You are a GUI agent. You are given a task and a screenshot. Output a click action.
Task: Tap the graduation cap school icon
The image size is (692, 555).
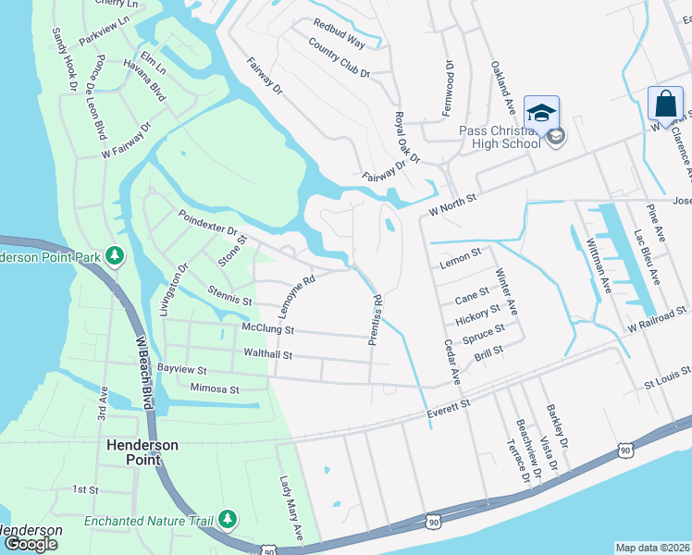click(541, 112)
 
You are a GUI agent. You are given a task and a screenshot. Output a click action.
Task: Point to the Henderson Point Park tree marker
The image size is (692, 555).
click(114, 254)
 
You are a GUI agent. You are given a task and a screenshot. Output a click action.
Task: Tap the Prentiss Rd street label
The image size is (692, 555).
click(376, 320)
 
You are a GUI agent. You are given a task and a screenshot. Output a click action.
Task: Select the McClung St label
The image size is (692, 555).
click(267, 329)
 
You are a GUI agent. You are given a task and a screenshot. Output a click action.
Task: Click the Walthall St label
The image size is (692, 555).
click(266, 354)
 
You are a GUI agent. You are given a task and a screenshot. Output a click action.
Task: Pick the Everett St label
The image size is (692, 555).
click(449, 404)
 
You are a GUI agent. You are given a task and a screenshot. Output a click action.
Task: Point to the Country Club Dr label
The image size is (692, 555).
click(340, 59)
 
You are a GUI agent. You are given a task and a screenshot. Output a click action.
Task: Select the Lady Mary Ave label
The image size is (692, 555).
click(291, 509)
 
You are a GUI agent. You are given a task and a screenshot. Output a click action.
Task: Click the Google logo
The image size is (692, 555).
click(31, 543)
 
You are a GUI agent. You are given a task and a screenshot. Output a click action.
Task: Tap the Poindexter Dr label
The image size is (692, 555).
click(208, 221)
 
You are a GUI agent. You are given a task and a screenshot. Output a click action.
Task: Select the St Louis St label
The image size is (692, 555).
click(667, 379)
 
